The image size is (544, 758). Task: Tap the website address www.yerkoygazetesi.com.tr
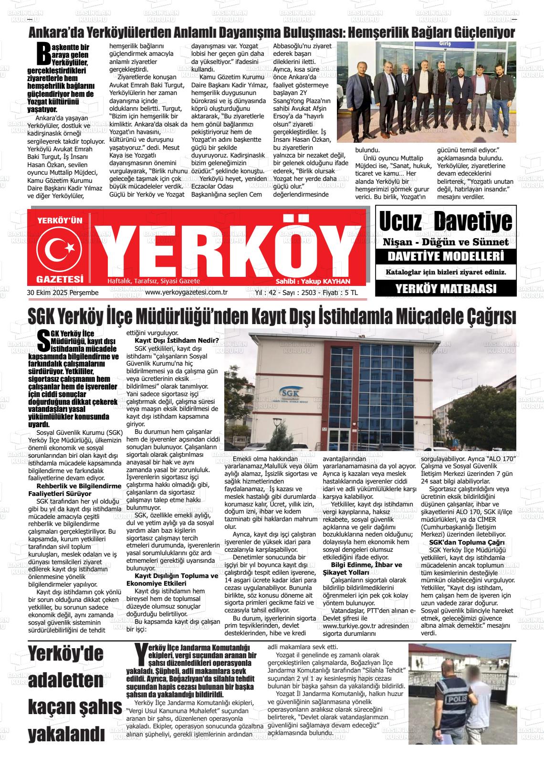186,293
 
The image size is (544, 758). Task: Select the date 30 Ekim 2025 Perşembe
63,293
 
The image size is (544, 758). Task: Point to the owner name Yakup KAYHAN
313,281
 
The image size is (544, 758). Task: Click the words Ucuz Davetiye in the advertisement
445,221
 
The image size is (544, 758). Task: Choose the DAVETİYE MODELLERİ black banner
446,256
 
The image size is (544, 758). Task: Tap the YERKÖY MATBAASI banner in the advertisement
446,288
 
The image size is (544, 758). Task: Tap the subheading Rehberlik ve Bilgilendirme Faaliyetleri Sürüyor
75,490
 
